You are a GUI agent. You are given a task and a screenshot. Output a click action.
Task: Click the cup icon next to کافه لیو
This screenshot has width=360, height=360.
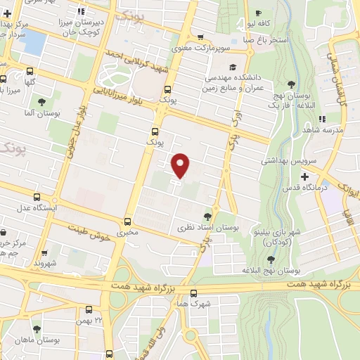pos(258,13)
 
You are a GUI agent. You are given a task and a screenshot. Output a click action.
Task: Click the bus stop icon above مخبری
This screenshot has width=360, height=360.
pos(127,220)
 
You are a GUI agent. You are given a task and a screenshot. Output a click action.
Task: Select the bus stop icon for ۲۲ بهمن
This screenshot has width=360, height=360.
pos(89,309)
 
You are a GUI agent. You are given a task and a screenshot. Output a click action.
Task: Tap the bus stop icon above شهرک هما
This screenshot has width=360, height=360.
pos(193,294)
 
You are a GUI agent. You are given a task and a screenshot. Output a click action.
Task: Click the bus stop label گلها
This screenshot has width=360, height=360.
pos(30,82)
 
